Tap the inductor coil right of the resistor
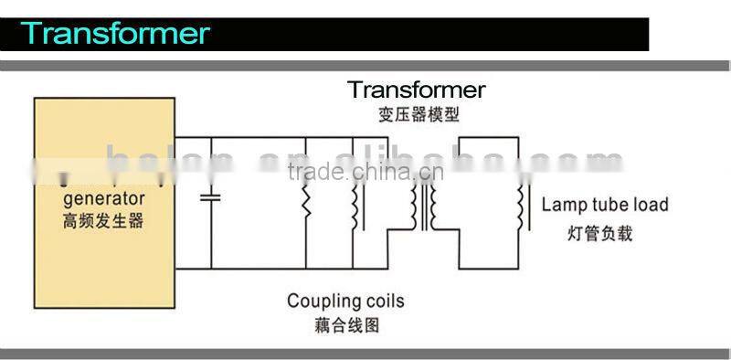pyautogui.click(x=354, y=206)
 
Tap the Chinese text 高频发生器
pyautogui.click(x=103, y=220)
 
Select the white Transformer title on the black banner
pyautogui.click(x=116, y=34)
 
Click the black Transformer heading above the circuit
pyautogui.click(x=416, y=90)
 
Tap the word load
pyautogui.click(x=651, y=205)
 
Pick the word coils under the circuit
pyautogui.click(x=384, y=301)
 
